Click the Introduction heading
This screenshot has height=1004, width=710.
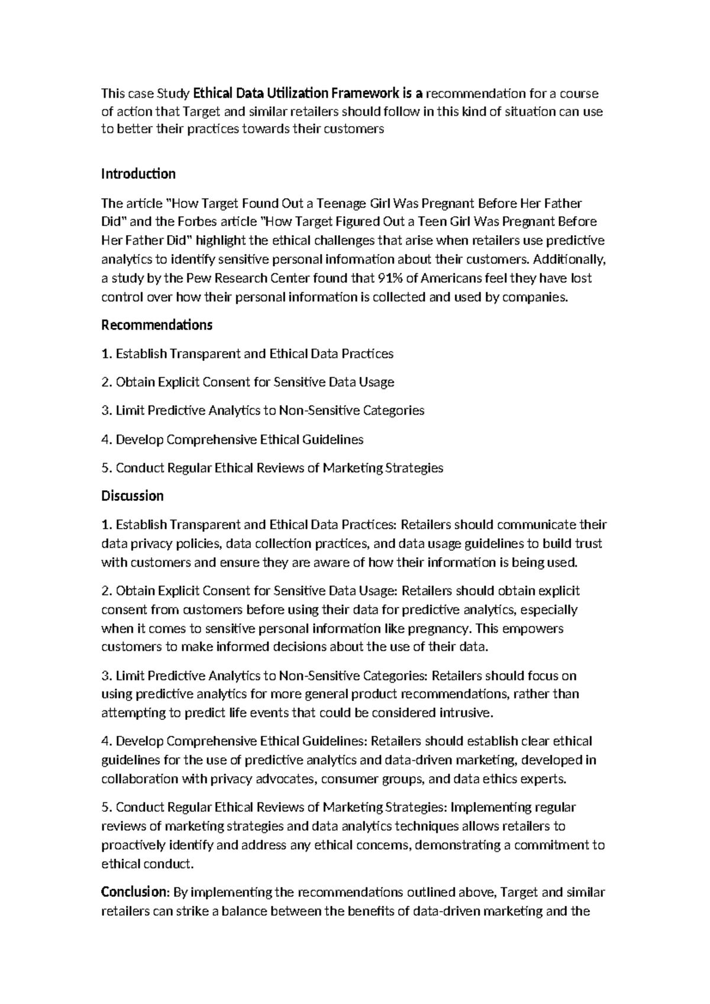point(138,174)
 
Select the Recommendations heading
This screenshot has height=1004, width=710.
point(157,325)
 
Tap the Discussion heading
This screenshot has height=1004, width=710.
point(133,495)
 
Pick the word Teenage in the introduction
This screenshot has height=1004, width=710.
point(342,204)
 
